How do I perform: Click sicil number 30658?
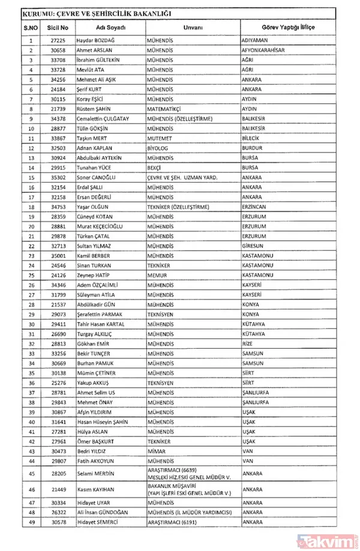(x=59, y=50)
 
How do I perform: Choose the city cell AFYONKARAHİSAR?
(x=268, y=50)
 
